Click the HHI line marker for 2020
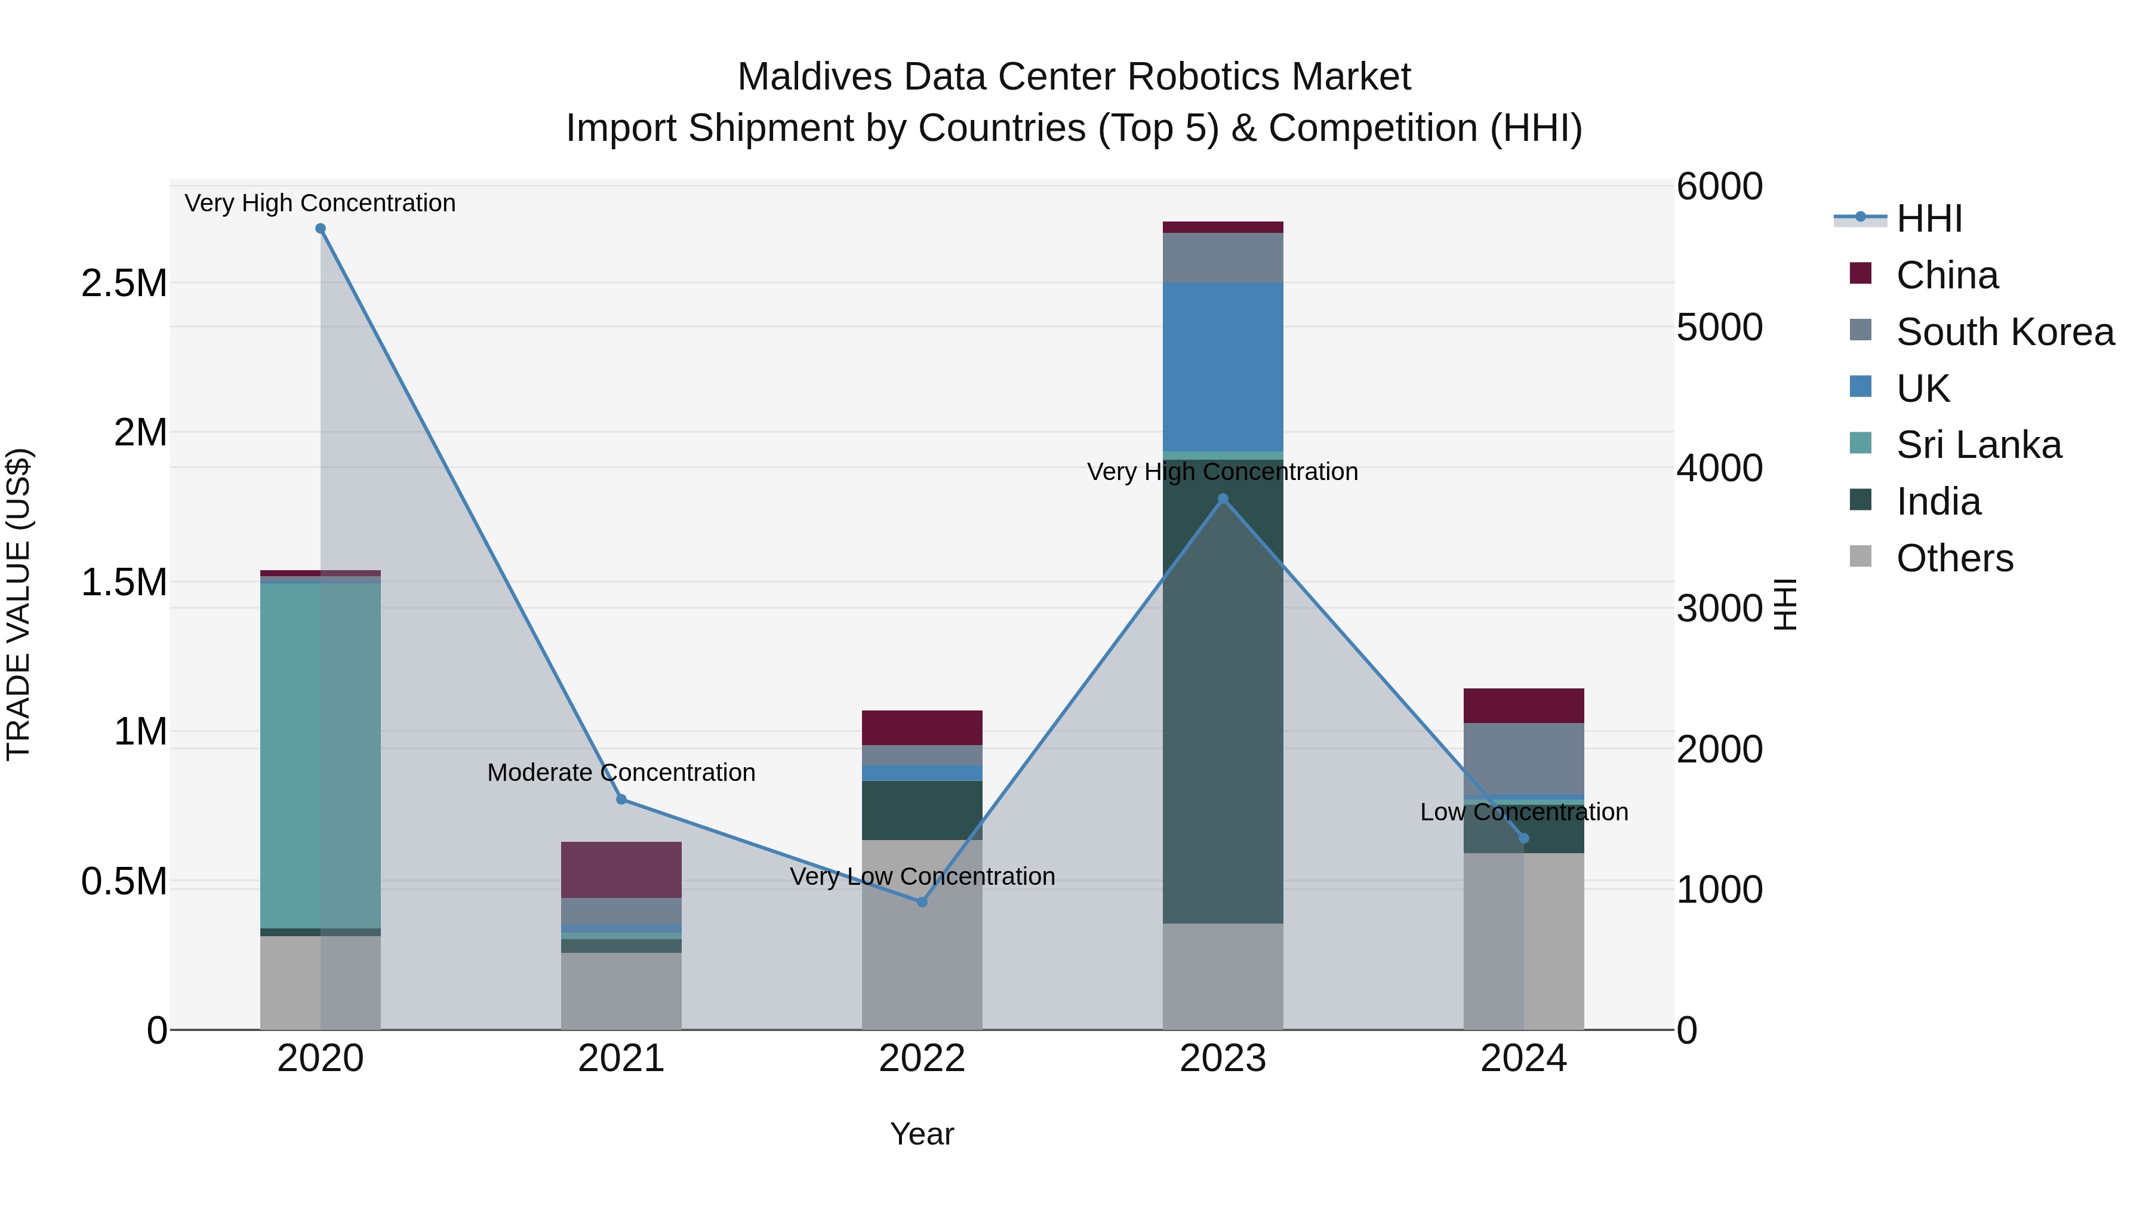[321, 229]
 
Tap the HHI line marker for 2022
[922, 902]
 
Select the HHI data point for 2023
[1223, 499]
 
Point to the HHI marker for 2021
[621, 799]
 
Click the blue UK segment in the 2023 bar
[1223, 367]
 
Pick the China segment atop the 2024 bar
[1523, 706]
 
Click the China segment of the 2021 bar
[621, 869]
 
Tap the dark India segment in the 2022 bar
[922, 810]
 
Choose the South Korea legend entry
[2005, 332]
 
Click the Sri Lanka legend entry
[1978, 445]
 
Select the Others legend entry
[1954, 558]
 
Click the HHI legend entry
[1928, 219]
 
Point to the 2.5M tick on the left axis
[124, 284]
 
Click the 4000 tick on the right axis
[1719, 468]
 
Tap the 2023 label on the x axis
[1223, 1059]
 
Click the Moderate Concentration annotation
[621, 773]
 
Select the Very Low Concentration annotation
[922, 877]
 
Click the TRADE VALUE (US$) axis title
[19, 604]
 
